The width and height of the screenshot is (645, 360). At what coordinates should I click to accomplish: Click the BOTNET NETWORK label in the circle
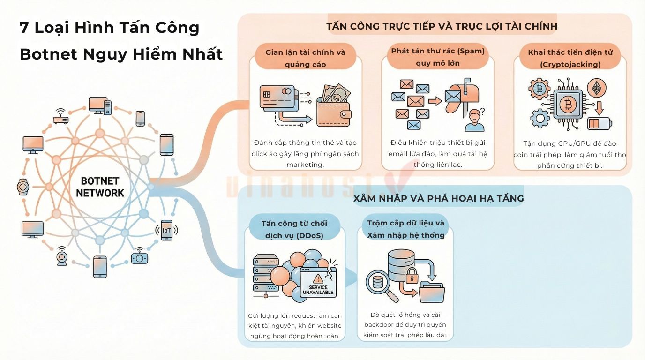point(100,187)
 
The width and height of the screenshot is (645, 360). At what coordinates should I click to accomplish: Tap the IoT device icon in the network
point(166,230)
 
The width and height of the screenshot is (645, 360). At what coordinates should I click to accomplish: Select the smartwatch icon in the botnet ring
point(22,187)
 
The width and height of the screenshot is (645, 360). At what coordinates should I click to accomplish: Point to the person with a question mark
point(474,120)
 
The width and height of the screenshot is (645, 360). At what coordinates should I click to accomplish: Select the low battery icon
point(598,123)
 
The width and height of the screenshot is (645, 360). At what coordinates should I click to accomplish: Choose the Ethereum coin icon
point(597,88)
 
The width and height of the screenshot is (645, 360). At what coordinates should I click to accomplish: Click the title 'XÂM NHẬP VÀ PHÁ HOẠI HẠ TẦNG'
point(438,198)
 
